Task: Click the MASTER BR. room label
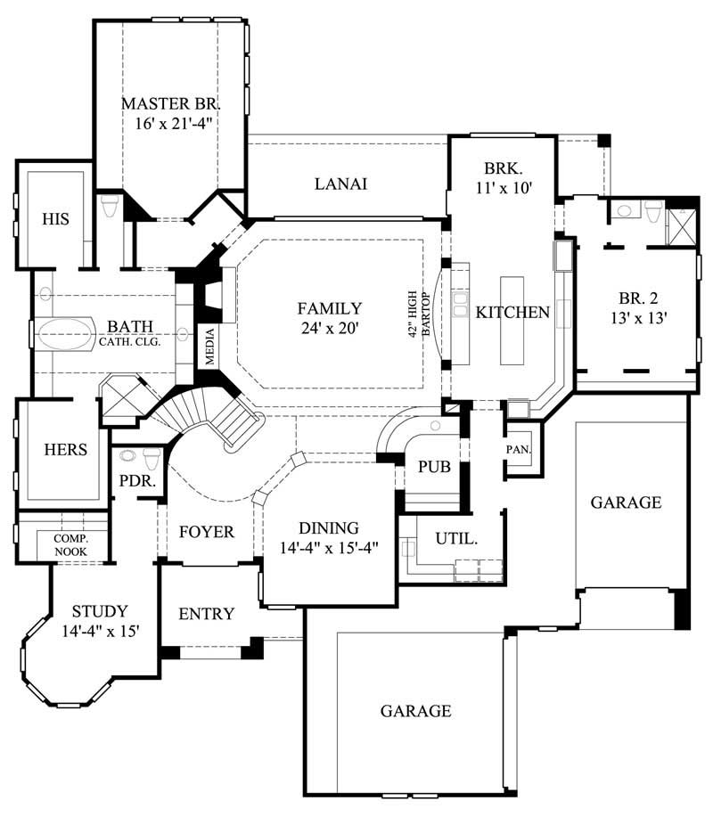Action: (169, 102)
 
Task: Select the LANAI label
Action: (341, 184)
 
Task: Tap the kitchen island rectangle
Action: (514, 320)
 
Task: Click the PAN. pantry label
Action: (518, 450)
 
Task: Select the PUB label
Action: (432, 467)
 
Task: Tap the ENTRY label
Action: (207, 614)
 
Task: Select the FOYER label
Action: (206, 532)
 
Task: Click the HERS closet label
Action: (65, 449)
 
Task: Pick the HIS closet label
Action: (56, 218)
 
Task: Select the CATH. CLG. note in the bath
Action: (130, 341)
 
